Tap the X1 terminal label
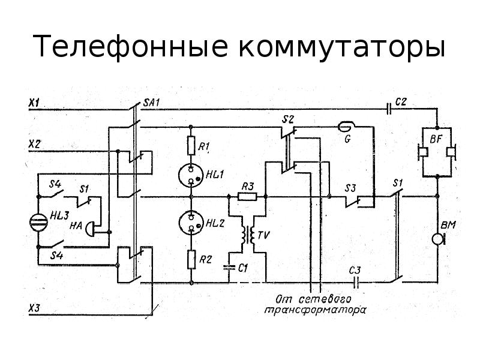(x=34, y=103)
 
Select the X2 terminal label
(x=34, y=145)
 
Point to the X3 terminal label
(x=34, y=308)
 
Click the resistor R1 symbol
(x=191, y=145)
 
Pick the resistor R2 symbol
(x=191, y=259)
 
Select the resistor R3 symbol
(x=247, y=196)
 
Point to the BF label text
(x=436, y=139)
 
